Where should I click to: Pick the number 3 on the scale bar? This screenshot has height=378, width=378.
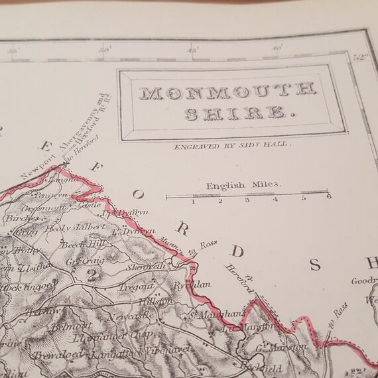pyautogui.click(x=247, y=200)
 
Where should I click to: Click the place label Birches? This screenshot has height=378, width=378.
pyautogui.click(x=19, y=218)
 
